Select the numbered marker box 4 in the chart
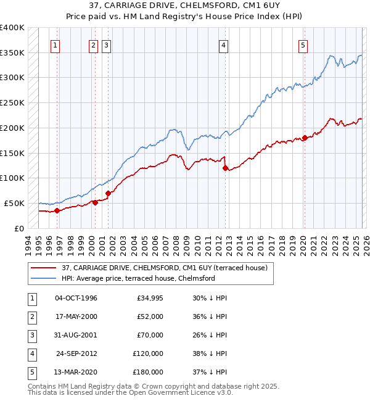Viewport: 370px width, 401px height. (223, 44)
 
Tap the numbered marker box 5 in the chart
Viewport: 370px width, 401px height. (303, 44)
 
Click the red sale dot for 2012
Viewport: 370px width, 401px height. (224, 168)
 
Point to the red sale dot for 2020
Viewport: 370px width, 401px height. (305, 138)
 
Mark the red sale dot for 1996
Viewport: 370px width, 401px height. (57, 210)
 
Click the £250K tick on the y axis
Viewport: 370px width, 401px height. (12, 102)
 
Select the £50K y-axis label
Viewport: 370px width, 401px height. (14, 203)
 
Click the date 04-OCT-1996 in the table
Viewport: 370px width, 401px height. (76, 298)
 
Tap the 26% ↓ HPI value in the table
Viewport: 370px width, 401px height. (210, 335)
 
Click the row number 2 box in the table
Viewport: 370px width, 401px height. (30, 316)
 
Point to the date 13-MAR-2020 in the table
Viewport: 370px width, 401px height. (76, 372)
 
